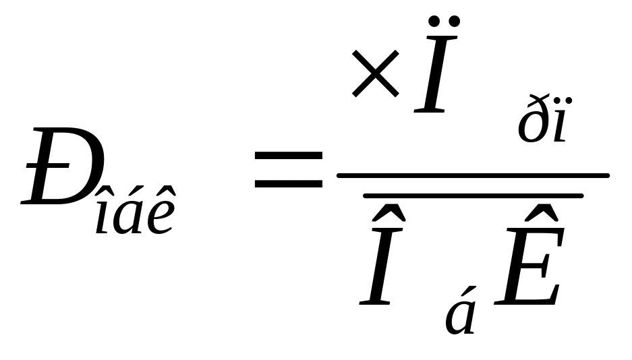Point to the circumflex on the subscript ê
coord(161,196)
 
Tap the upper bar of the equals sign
coord(288,156)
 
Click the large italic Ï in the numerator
coord(435,74)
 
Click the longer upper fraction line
coord(472,175)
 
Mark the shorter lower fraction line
coord(472,196)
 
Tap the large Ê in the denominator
coord(529,270)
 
